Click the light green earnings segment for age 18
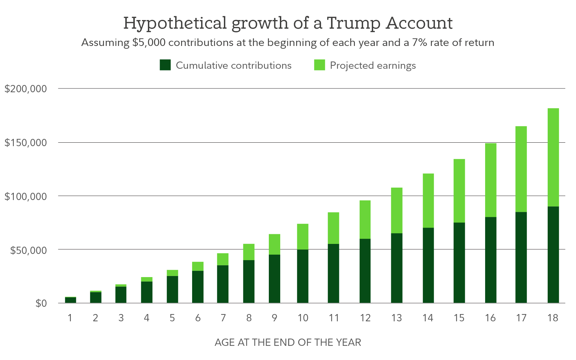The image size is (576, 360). (553, 157)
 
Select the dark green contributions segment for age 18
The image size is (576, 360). (553, 255)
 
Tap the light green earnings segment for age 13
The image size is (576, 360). (397, 210)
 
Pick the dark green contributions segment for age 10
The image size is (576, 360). (303, 276)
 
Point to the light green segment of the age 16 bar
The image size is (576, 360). (491, 180)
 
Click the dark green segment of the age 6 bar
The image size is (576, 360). (198, 287)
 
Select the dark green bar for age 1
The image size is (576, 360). (70, 300)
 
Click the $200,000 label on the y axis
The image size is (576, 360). (26, 89)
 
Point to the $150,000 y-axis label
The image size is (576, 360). (26, 142)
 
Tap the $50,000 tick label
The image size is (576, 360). (28, 250)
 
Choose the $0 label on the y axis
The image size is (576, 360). (41, 303)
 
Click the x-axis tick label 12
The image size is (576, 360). (365, 318)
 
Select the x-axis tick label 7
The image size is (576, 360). (223, 318)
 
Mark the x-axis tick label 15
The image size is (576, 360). (459, 318)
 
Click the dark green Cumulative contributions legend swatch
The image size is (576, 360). (165, 65)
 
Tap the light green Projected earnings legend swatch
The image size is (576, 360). (320, 65)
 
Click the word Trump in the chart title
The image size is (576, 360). (353, 23)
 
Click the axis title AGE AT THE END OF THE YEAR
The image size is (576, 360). (288, 342)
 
